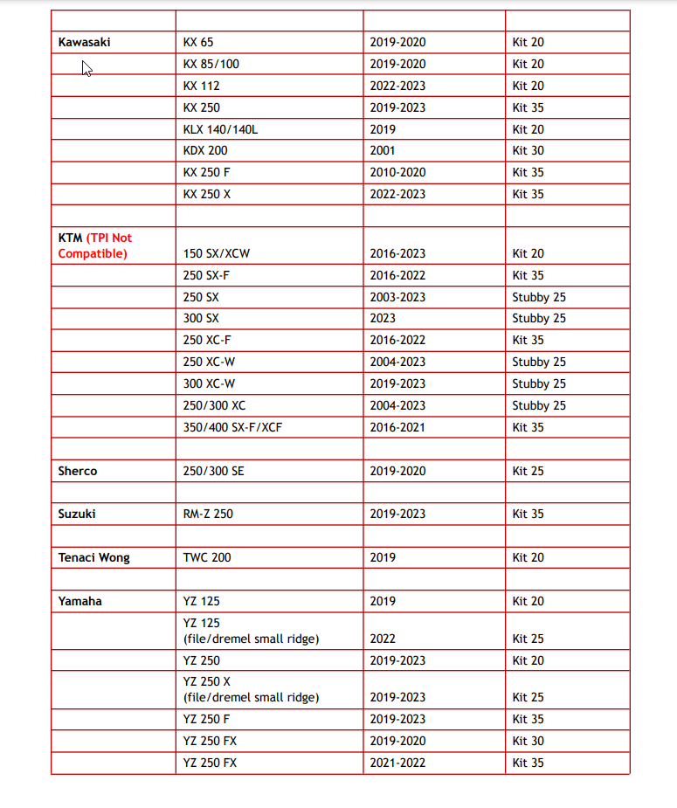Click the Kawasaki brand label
84,42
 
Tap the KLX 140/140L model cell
220,129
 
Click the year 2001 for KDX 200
383,150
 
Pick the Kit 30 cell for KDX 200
528,150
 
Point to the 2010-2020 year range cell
397,172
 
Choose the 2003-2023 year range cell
397,297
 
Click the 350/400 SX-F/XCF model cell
232,427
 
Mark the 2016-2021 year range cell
397,427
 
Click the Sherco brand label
78,471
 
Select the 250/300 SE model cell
214,471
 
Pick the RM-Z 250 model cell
208,514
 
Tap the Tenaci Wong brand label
93,557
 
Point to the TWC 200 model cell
207,557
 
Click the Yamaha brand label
79,601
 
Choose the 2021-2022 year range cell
397,763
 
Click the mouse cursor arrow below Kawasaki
86,68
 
